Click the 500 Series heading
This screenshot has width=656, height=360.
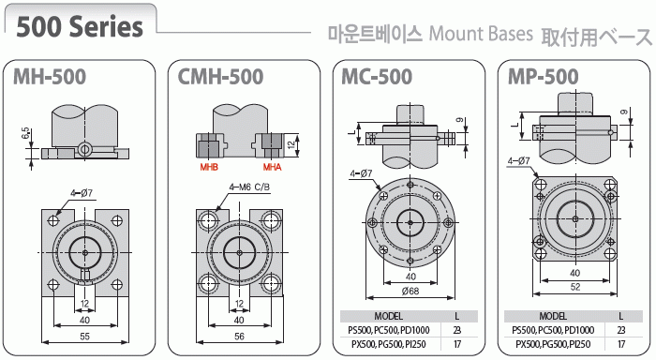coord(80,26)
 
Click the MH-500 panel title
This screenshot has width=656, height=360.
coord(50,77)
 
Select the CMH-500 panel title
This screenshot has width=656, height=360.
coord(220,77)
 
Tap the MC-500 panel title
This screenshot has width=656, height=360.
coord(377,77)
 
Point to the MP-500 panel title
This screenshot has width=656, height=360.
coord(543,77)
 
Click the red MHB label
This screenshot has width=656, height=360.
coord(209,167)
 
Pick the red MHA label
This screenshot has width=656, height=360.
coord(272,167)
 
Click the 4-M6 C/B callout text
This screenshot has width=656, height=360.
coord(249,187)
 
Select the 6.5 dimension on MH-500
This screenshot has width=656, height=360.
coord(26,134)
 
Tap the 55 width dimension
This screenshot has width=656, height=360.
coord(84,337)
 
